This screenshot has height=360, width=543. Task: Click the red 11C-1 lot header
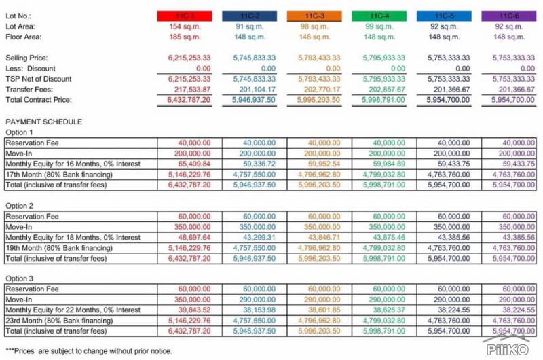tap(185, 16)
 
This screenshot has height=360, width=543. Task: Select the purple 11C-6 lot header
tap(508, 16)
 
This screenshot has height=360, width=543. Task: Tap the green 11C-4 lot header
tap(379, 16)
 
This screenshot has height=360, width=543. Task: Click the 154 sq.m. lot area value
tap(185, 26)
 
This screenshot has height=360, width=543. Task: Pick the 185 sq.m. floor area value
tap(185, 37)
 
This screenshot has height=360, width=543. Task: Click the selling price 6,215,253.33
tap(189, 58)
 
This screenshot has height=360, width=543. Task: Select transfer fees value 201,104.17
tap(257, 90)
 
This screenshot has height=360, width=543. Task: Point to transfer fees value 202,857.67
tap(387, 90)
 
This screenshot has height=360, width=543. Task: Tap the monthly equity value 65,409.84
tap(194, 164)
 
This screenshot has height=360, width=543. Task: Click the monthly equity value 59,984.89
tap(389, 164)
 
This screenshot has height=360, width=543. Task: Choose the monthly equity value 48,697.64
tap(194, 237)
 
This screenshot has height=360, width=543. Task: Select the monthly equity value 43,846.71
tap(324, 237)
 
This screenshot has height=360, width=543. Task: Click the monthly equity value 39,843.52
tap(194, 310)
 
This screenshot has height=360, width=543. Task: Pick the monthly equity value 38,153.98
tap(259, 310)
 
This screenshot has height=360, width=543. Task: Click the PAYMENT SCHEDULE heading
tap(43, 122)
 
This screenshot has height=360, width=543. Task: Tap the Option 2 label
tap(20, 206)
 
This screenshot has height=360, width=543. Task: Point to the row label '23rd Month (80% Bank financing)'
tap(59, 321)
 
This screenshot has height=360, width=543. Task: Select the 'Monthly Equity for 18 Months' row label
tap(73, 237)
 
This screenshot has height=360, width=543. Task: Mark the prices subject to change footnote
tap(89, 351)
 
